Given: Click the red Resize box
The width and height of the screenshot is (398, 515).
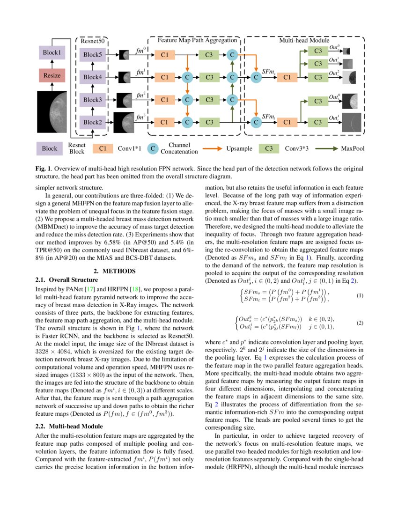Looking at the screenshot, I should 52,75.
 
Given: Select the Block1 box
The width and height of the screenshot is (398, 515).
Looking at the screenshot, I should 52,53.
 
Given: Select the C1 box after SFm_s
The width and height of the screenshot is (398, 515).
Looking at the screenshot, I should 287,77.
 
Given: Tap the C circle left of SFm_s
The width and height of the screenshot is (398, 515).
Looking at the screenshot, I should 256,77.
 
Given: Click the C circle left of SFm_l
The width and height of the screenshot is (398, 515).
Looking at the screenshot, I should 256,122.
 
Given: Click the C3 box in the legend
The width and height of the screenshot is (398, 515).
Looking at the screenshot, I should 269,149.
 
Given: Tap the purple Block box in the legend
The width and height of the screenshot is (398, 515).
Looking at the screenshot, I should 49,149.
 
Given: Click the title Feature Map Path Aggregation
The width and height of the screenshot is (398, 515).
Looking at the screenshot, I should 194,41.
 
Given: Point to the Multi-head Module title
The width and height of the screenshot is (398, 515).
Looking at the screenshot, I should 304,41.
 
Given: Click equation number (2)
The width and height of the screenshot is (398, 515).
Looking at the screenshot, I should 360,323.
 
